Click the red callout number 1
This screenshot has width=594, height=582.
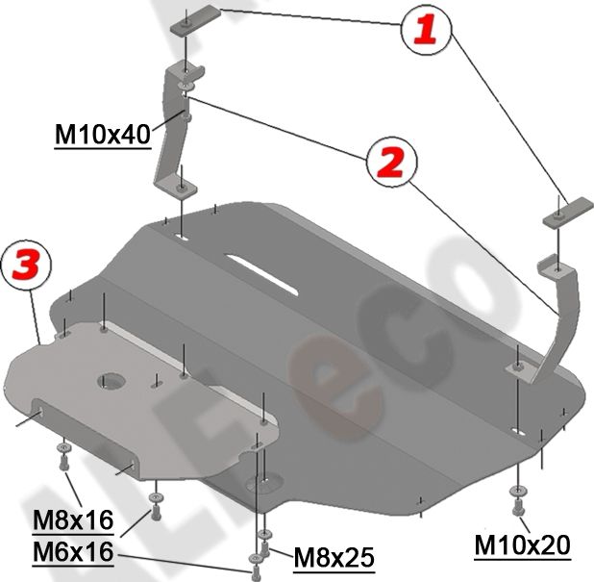(424, 30)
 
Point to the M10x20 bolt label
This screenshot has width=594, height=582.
(523, 545)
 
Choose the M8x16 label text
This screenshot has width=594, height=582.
(73, 522)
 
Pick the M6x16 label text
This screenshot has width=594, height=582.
(73, 552)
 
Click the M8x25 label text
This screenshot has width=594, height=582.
(334, 556)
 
